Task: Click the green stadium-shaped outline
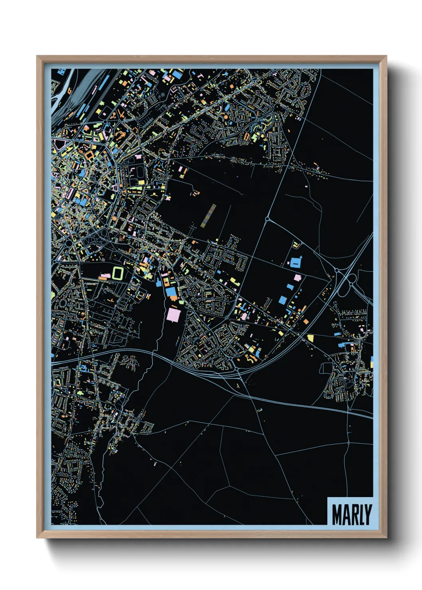(118, 273)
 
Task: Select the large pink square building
(174, 314)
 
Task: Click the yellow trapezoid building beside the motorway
(310, 338)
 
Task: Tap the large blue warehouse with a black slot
(295, 262)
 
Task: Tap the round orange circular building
(225, 118)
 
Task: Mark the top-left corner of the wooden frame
(37, 56)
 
